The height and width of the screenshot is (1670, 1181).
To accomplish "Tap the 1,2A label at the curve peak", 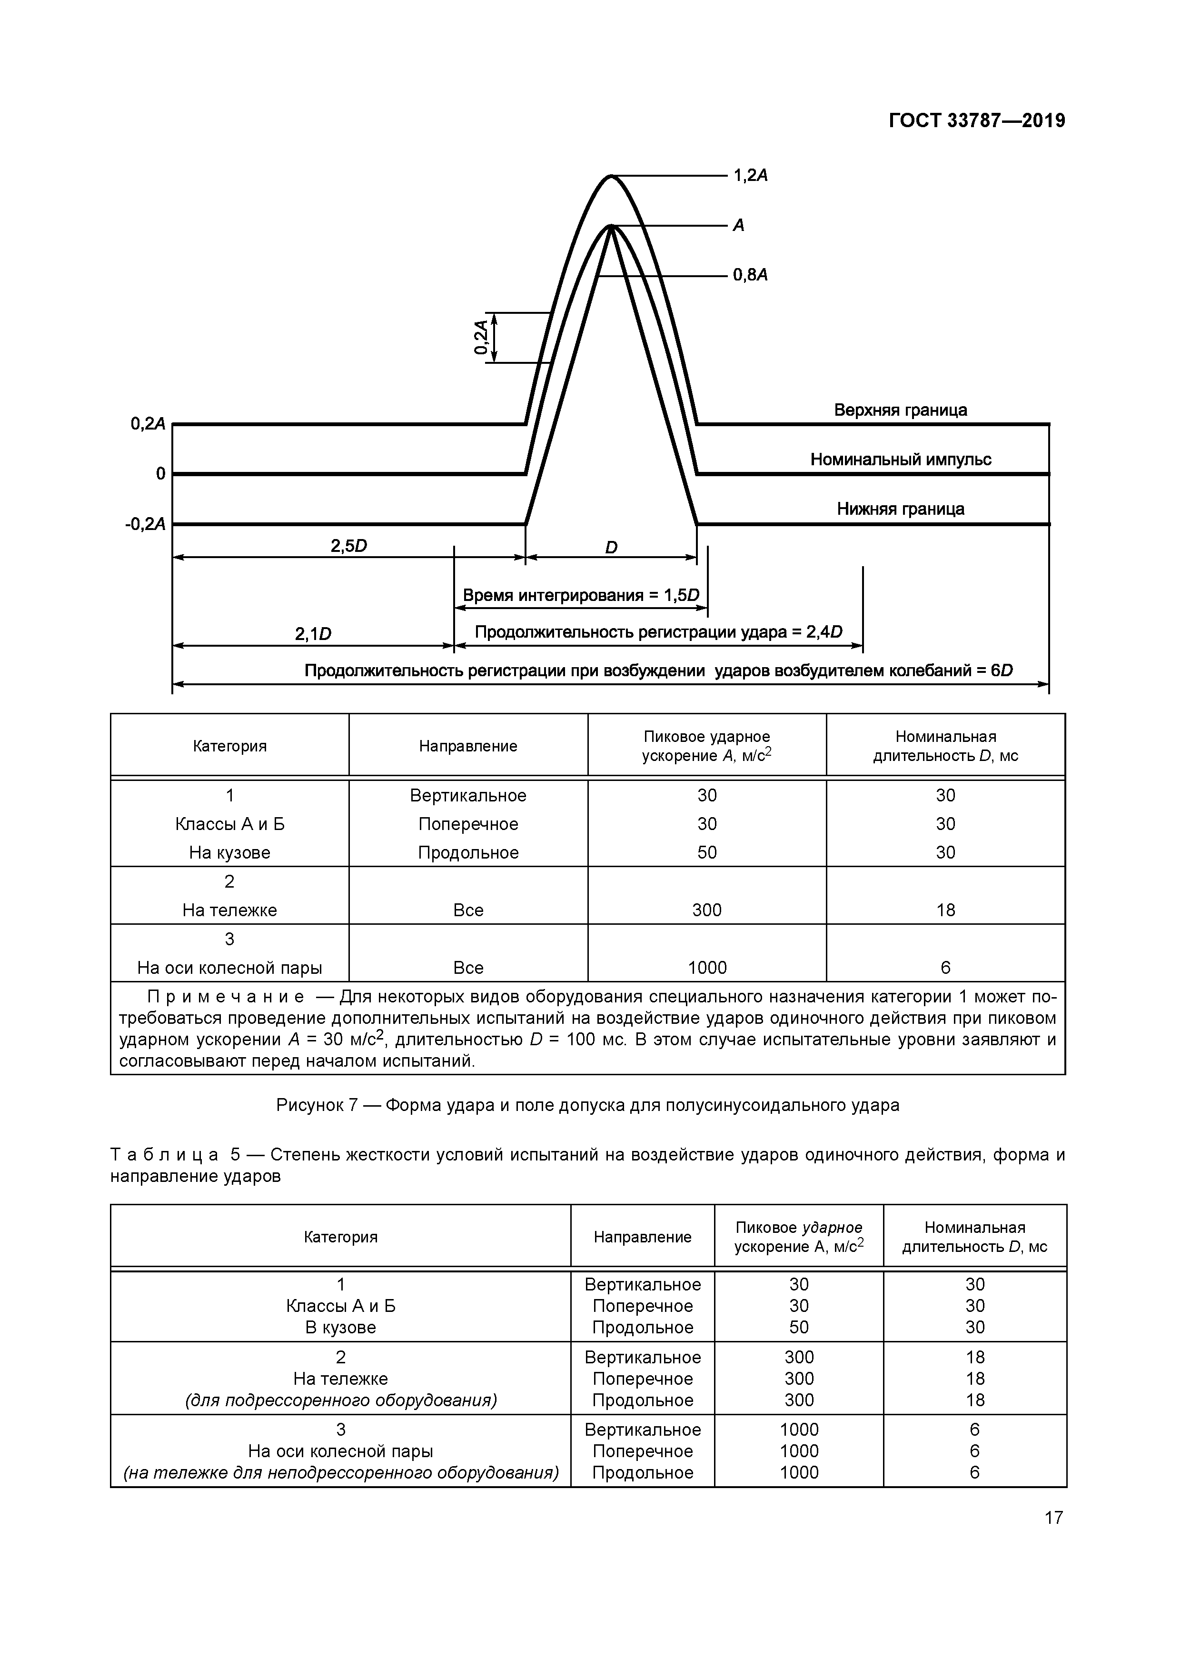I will [751, 175].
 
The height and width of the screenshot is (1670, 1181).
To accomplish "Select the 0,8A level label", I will [751, 275].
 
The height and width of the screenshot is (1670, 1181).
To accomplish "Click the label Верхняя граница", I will [900, 410].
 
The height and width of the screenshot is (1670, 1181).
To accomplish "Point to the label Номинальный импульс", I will [900, 460].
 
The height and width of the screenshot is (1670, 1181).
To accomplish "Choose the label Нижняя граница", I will [900, 509].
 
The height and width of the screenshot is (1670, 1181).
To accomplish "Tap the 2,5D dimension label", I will [348, 546].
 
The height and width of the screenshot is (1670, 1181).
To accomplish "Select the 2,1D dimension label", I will [313, 634].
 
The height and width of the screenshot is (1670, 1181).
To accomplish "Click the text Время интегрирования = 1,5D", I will [580, 596].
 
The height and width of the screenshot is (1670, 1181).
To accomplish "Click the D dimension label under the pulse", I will [611, 548].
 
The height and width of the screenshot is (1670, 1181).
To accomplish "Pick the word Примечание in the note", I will [226, 997].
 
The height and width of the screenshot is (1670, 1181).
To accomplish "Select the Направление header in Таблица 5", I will [642, 1237].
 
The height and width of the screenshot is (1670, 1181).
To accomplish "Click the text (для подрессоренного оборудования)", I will [340, 1400].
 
